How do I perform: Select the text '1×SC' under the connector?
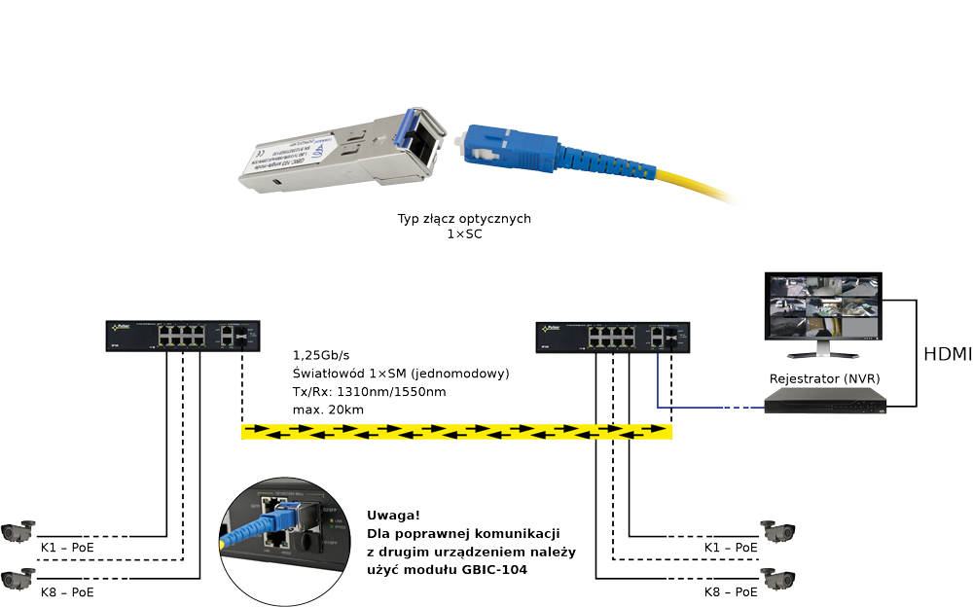[464, 234]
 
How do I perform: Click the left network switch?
[181, 336]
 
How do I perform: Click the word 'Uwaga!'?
[394, 515]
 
